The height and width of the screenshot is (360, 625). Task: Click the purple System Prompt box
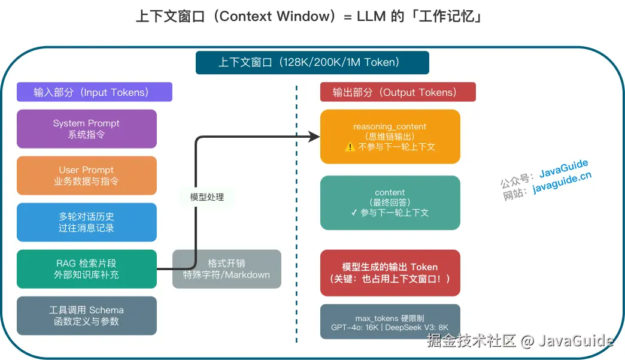click(86, 129)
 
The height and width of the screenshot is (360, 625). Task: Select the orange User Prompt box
click(86, 176)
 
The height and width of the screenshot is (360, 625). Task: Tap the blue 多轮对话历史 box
click(86, 222)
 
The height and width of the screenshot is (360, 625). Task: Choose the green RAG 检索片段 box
click(86, 269)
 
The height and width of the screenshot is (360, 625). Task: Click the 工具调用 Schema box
click(86, 316)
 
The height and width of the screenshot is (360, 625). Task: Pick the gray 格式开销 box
click(226, 269)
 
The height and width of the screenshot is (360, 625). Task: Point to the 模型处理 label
click(207, 196)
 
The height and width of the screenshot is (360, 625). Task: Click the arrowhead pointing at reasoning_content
click(315, 137)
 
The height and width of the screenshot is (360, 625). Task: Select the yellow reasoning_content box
click(390, 137)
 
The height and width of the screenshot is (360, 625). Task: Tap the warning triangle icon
click(350, 147)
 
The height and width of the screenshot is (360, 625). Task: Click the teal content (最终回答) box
click(390, 202)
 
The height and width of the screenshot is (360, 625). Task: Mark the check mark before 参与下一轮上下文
click(354, 213)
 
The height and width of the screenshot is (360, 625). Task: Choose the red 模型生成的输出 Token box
click(390, 273)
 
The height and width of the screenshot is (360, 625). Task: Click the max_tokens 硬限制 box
click(390, 322)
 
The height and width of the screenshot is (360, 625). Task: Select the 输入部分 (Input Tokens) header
click(95, 92)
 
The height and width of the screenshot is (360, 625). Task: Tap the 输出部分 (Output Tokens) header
click(398, 92)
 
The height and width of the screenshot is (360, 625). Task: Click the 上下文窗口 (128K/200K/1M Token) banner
click(312, 62)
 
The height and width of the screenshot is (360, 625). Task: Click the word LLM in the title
click(374, 16)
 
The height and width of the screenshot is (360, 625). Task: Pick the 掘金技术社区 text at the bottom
click(471, 341)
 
